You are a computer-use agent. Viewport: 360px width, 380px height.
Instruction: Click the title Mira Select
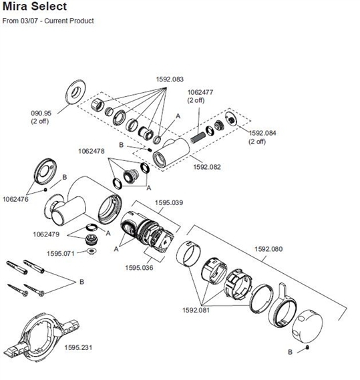point(34,7)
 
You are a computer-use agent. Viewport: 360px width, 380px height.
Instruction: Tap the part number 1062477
point(200,92)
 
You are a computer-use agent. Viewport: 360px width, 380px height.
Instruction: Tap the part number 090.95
point(41,114)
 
